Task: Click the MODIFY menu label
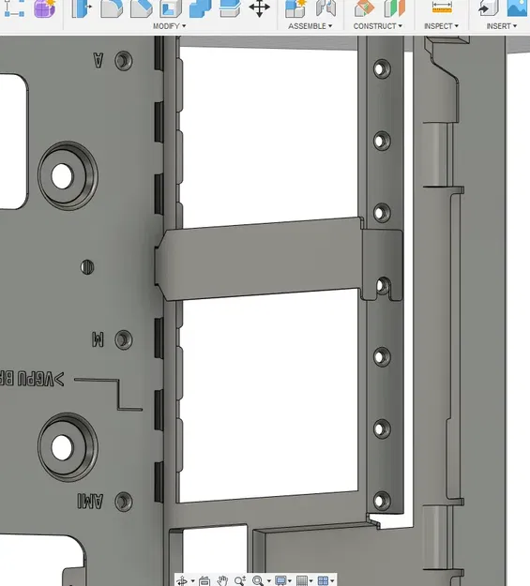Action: click(169, 26)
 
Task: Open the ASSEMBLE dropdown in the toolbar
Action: click(310, 26)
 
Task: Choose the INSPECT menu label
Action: click(440, 26)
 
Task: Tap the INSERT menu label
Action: click(503, 26)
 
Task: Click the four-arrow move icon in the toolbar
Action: click(260, 8)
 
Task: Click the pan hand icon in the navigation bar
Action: click(223, 580)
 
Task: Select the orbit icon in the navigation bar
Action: click(182, 580)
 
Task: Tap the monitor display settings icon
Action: click(280, 580)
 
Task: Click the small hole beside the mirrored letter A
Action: click(123, 61)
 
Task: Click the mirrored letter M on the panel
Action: click(98, 339)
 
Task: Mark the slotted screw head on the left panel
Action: click(86, 266)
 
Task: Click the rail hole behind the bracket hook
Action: click(382, 284)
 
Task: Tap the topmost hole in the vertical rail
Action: click(381, 69)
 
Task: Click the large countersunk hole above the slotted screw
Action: click(62, 175)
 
